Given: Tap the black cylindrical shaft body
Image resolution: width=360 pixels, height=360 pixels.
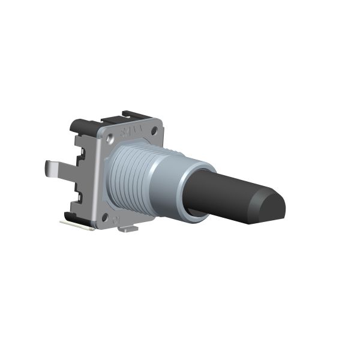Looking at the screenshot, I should [x=222, y=192].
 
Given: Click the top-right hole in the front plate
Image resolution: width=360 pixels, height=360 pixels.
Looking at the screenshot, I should [x=154, y=130].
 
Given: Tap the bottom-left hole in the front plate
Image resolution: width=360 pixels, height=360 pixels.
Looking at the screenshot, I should [x=106, y=218].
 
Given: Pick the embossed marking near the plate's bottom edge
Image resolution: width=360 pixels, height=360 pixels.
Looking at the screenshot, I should [x=119, y=220].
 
